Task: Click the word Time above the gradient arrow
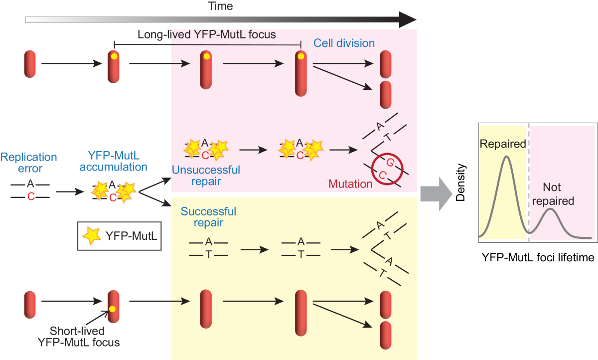click(220, 6)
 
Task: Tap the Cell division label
click(344, 43)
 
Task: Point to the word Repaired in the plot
click(503, 144)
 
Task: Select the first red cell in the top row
click(29, 63)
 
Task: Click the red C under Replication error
click(30, 197)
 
